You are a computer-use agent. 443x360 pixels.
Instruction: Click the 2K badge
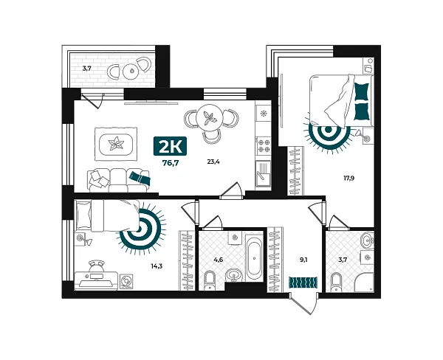171,145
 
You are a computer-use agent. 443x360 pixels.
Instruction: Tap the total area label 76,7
171,163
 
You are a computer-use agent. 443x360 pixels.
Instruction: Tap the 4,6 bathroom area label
219,259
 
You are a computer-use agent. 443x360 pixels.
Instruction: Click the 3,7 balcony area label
86,69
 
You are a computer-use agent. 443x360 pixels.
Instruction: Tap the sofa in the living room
110,179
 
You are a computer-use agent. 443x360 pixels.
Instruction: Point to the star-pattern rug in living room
116,142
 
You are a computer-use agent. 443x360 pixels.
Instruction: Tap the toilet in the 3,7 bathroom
337,281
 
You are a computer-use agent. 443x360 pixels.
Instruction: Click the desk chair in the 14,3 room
96,265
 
